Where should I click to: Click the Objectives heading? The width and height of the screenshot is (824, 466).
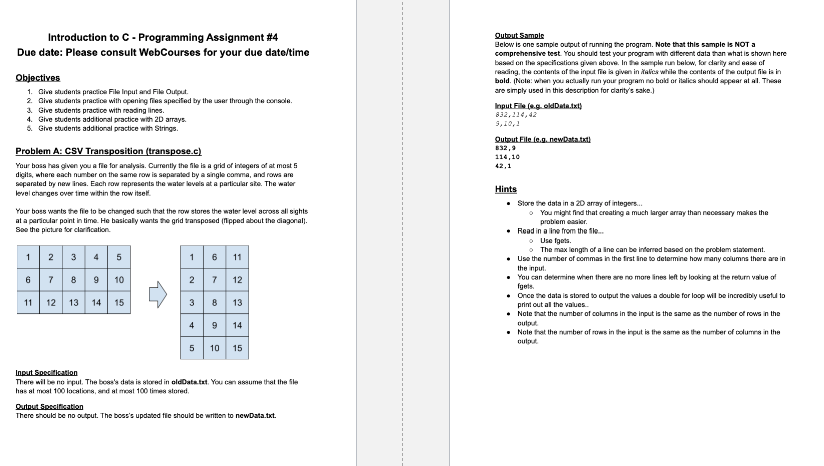38,78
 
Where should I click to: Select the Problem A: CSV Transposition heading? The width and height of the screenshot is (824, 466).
108,151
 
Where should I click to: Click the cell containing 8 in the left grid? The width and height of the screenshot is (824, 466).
73,280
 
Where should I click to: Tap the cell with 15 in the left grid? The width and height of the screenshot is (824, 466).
119,303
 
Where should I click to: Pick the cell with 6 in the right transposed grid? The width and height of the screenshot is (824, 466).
214,257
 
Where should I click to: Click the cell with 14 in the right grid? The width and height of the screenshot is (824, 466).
237,325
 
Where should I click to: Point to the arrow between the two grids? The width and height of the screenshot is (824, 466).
157,294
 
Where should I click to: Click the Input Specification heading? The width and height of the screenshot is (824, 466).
46,373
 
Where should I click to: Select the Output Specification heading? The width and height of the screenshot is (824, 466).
49,407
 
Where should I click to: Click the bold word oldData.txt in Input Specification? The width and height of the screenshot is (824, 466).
189,382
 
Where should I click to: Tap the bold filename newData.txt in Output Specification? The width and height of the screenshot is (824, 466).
255,416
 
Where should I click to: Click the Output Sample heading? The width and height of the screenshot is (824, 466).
519,35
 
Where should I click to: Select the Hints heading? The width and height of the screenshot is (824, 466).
506,189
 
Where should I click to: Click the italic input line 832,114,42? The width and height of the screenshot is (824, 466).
516,115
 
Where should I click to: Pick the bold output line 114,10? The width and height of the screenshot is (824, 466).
507,157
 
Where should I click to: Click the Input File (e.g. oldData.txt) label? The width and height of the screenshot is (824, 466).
538,106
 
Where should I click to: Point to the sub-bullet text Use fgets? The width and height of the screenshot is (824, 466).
555,241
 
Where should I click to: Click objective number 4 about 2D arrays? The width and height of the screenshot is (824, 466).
112,119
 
